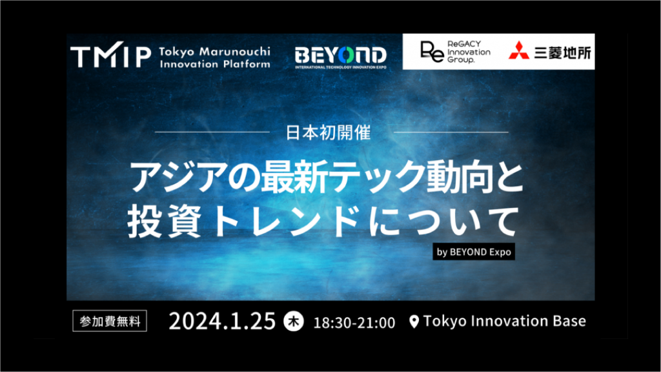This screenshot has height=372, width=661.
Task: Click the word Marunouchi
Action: (x=235, y=52)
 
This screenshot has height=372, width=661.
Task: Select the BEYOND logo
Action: (x=341, y=57)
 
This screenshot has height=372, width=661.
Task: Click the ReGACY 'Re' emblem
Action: (x=432, y=52)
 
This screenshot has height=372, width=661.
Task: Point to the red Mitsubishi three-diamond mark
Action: (x=519, y=50)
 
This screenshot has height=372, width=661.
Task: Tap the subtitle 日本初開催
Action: (x=329, y=133)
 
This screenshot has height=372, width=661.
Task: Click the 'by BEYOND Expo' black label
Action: (x=474, y=252)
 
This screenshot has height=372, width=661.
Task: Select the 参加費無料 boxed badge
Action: (x=110, y=321)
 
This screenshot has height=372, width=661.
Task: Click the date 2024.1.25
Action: (x=222, y=322)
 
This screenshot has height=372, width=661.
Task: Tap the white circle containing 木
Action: (x=294, y=322)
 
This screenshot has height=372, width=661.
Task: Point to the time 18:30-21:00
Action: (x=354, y=323)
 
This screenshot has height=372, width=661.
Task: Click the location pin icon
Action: (x=414, y=322)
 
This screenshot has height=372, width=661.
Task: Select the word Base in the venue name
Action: (x=569, y=321)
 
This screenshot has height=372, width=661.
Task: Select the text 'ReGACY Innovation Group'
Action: (x=469, y=52)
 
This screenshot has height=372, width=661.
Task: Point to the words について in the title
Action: (x=443, y=221)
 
